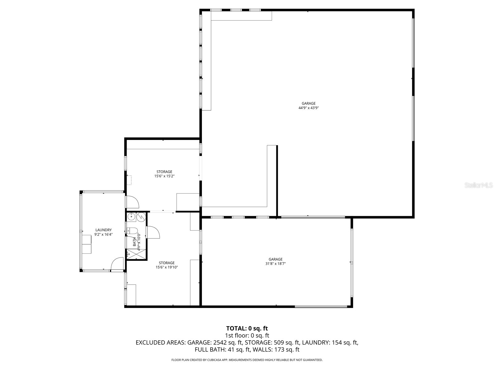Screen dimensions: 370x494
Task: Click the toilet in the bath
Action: click(133, 230)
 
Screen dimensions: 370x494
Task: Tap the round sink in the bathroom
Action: click(132, 217)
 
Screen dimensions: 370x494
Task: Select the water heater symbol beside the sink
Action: click(141, 217)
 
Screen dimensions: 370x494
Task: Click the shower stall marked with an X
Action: click(136, 254)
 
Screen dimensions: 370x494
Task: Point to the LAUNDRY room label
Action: click(103, 230)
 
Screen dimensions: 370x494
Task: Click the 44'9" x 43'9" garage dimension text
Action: click(308, 108)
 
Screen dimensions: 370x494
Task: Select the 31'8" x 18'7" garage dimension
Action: click(275, 264)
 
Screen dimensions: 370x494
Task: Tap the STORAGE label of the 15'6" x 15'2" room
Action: click(164, 172)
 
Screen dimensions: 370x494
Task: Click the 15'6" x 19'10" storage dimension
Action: click(167, 267)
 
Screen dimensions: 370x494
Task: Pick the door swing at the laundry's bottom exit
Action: click(118, 264)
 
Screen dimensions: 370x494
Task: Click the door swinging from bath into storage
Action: click(153, 232)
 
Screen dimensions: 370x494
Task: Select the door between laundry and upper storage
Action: click(132, 202)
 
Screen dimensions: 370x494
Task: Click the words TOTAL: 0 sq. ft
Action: click(247, 328)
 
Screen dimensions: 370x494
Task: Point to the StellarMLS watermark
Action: click(479, 185)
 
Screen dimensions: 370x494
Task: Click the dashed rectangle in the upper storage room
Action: click(129, 180)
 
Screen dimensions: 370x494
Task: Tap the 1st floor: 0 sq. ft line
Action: click(247, 335)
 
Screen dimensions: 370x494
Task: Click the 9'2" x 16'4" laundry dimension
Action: click(103, 234)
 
